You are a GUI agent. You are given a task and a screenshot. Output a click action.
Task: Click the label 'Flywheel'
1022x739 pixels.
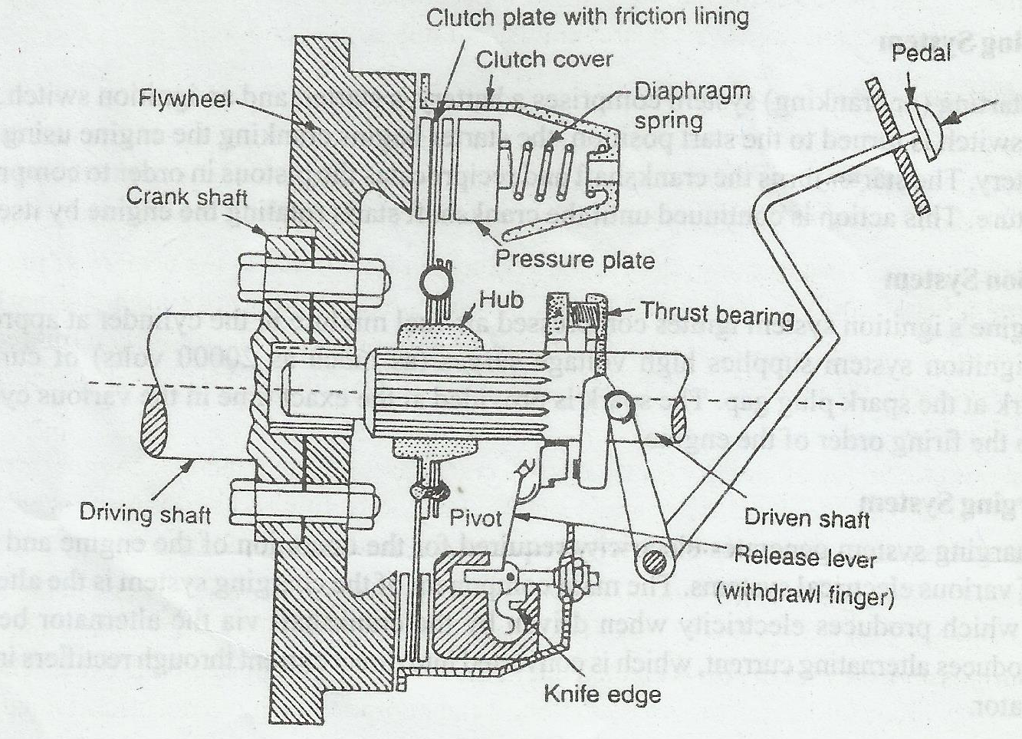click(x=185, y=99)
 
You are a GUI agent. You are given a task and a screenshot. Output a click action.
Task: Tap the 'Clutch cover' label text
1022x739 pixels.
click(x=544, y=59)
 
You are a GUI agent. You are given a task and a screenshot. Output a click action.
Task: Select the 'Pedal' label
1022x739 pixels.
click(x=921, y=52)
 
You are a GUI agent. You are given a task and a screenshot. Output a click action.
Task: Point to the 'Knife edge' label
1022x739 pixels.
click(x=602, y=694)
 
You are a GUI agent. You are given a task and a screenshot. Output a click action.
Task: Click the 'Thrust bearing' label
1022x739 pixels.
click(x=718, y=313)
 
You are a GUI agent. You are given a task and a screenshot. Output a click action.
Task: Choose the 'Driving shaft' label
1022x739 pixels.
click(x=145, y=513)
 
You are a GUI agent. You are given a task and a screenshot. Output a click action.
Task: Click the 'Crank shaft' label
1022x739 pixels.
click(x=186, y=196)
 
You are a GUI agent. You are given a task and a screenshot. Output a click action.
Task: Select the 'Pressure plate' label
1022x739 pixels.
click(x=575, y=259)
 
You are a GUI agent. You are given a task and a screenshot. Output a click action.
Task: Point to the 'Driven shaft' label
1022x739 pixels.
click(x=807, y=519)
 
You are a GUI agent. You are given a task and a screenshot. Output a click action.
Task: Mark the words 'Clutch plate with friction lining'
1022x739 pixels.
click(x=587, y=18)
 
